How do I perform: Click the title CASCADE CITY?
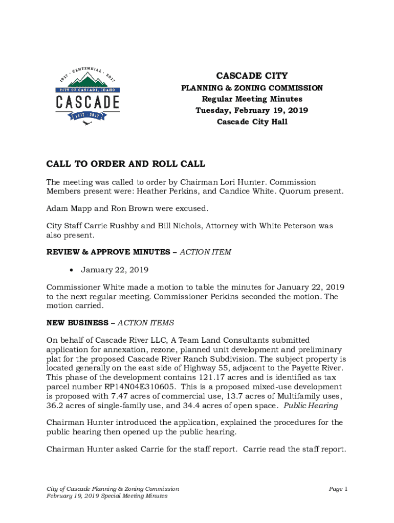pyautogui.click(x=252, y=76)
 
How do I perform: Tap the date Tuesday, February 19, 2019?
pyautogui.click(x=252, y=110)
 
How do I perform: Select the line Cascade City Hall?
pyautogui.click(x=252, y=122)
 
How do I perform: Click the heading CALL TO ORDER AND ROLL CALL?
pyautogui.click(x=126, y=164)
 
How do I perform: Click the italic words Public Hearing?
pyautogui.click(x=311, y=406)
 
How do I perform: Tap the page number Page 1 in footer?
pyautogui.click(x=338, y=489)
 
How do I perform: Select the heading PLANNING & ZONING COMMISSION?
pyautogui.click(x=252, y=88)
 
